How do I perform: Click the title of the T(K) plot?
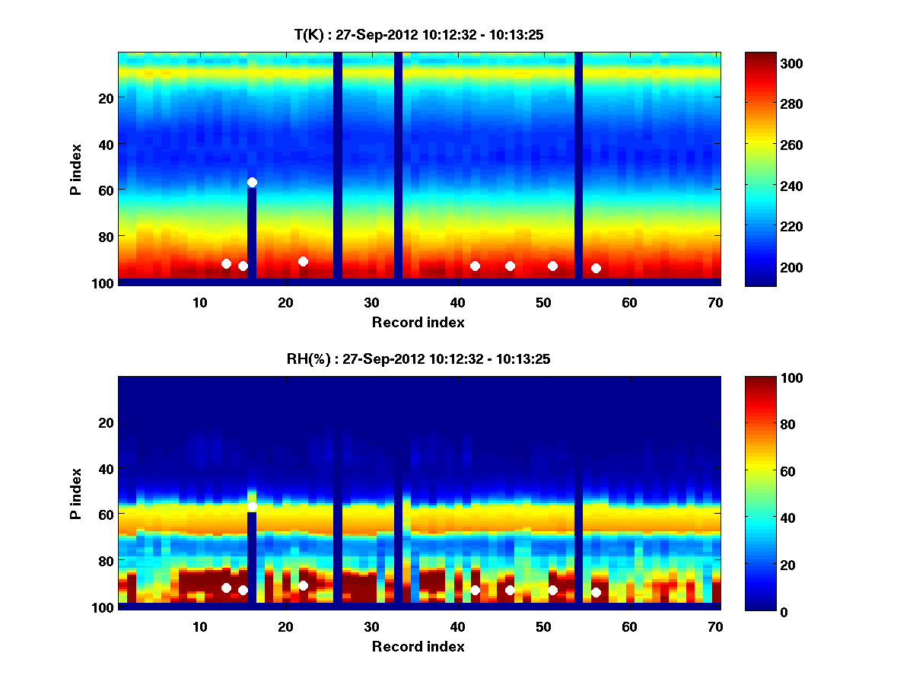tap(418, 34)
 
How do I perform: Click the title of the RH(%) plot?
tap(418, 358)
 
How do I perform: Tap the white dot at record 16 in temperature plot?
tap(252, 182)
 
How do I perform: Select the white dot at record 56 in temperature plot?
tap(596, 268)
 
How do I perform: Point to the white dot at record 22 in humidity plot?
tap(303, 585)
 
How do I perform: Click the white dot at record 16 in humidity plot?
tap(252, 506)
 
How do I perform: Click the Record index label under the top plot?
tap(418, 322)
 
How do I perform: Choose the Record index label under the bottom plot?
tap(418, 646)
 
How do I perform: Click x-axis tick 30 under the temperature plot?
tap(371, 302)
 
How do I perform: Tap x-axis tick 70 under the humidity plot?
tap(715, 626)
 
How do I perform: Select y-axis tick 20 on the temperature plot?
tap(105, 97)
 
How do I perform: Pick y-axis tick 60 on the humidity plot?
tap(105, 515)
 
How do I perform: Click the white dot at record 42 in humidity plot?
tap(475, 590)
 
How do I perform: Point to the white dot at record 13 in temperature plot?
tap(226, 263)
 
